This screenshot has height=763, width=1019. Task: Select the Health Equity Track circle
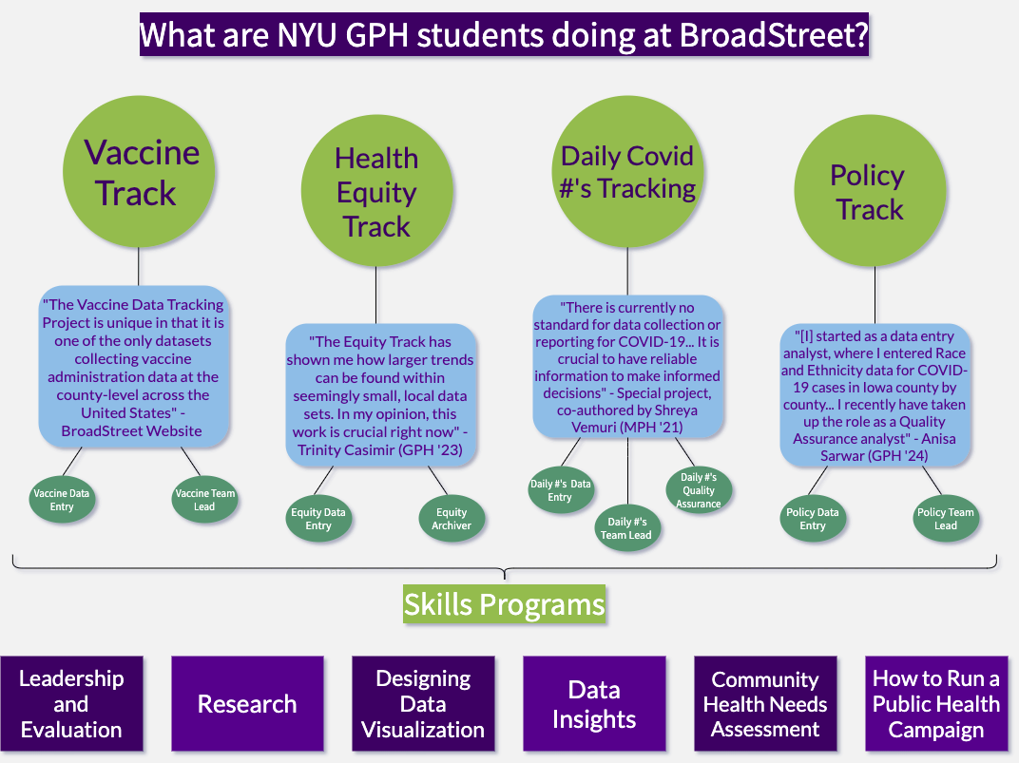(x=376, y=193)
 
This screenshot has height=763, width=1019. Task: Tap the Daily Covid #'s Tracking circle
(x=627, y=173)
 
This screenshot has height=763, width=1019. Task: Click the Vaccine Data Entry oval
(x=62, y=500)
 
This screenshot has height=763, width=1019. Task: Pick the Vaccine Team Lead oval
(x=204, y=500)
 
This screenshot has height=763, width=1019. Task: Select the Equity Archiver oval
(x=452, y=519)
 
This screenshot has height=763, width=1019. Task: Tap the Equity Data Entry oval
(x=318, y=519)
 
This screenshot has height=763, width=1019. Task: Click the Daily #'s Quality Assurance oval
(x=699, y=490)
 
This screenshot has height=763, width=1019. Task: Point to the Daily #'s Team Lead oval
(x=628, y=528)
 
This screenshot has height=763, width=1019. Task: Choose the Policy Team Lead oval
(x=945, y=519)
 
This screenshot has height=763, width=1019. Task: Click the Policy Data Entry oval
(x=813, y=519)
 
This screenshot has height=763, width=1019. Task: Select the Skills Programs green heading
(x=504, y=604)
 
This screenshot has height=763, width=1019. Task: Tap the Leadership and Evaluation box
(x=71, y=704)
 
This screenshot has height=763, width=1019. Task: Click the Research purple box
(x=247, y=704)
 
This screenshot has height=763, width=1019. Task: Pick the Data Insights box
(x=594, y=704)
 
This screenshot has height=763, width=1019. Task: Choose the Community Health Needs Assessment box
(x=765, y=704)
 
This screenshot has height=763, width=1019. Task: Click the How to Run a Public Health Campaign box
(x=936, y=704)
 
